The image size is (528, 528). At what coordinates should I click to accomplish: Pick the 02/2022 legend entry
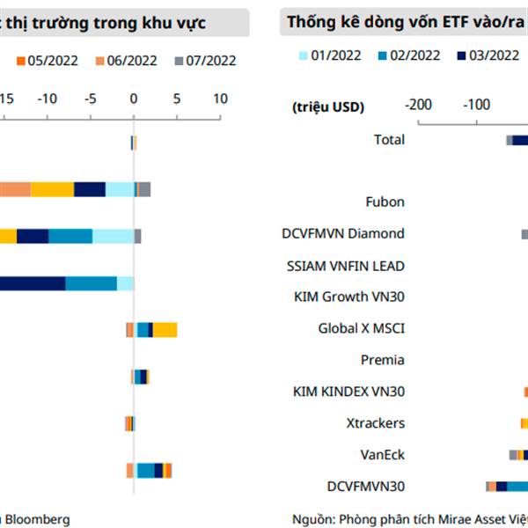(414, 55)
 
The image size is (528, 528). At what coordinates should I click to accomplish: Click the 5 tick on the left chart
(176, 98)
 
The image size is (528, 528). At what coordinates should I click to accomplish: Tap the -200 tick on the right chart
(418, 105)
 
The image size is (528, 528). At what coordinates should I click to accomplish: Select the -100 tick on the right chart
(477, 105)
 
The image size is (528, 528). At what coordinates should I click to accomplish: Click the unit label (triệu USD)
(327, 106)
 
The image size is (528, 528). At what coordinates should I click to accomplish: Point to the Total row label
(389, 139)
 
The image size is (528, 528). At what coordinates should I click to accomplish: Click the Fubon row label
(385, 202)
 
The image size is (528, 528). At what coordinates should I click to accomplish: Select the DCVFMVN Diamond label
(343, 233)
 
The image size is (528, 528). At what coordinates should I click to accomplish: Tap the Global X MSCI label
(361, 328)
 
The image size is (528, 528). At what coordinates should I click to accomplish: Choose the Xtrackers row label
(376, 422)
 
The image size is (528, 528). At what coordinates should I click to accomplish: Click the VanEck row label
(382, 454)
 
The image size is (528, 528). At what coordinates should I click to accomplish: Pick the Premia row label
(383, 359)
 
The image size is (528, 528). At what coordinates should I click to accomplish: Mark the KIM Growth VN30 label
(349, 297)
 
